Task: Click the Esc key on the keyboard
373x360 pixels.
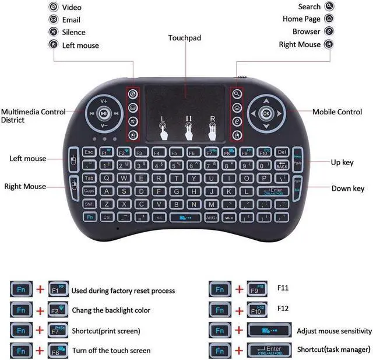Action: [x=89, y=152]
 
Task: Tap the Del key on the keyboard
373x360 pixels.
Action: [x=281, y=152]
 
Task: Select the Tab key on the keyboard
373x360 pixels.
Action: [x=89, y=178]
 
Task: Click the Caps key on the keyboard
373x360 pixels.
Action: [x=89, y=191]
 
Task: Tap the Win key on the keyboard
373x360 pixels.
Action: [x=228, y=217]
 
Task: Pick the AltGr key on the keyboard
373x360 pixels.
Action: [x=211, y=217]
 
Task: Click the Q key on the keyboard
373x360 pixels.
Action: [x=107, y=178]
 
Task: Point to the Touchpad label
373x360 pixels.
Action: [x=184, y=38]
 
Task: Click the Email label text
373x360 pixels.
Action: [x=71, y=20]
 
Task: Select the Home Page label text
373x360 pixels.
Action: [x=301, y=19]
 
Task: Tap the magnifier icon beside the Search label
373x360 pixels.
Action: [x=330, y=6]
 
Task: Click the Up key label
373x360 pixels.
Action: [x=342, y=162]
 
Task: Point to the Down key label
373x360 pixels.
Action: [x=347, y=188]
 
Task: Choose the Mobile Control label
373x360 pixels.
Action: [x=337, y=111]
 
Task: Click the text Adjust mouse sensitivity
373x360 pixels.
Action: [x=334, y=331]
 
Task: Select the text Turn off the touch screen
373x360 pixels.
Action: [x=111, y=351]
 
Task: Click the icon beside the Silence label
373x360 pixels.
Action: [x=54, y=32]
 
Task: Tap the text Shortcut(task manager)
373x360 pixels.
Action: [x=333, y=350]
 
